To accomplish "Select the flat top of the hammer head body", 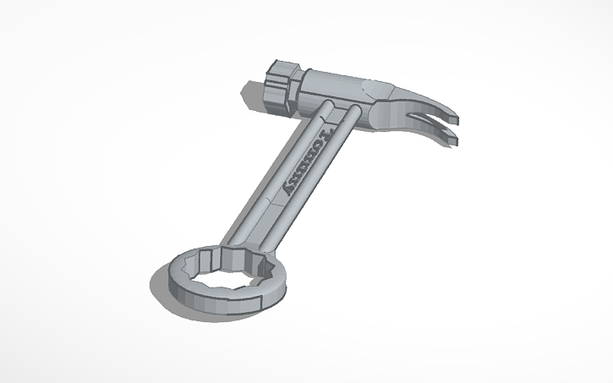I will click(338, 80).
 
